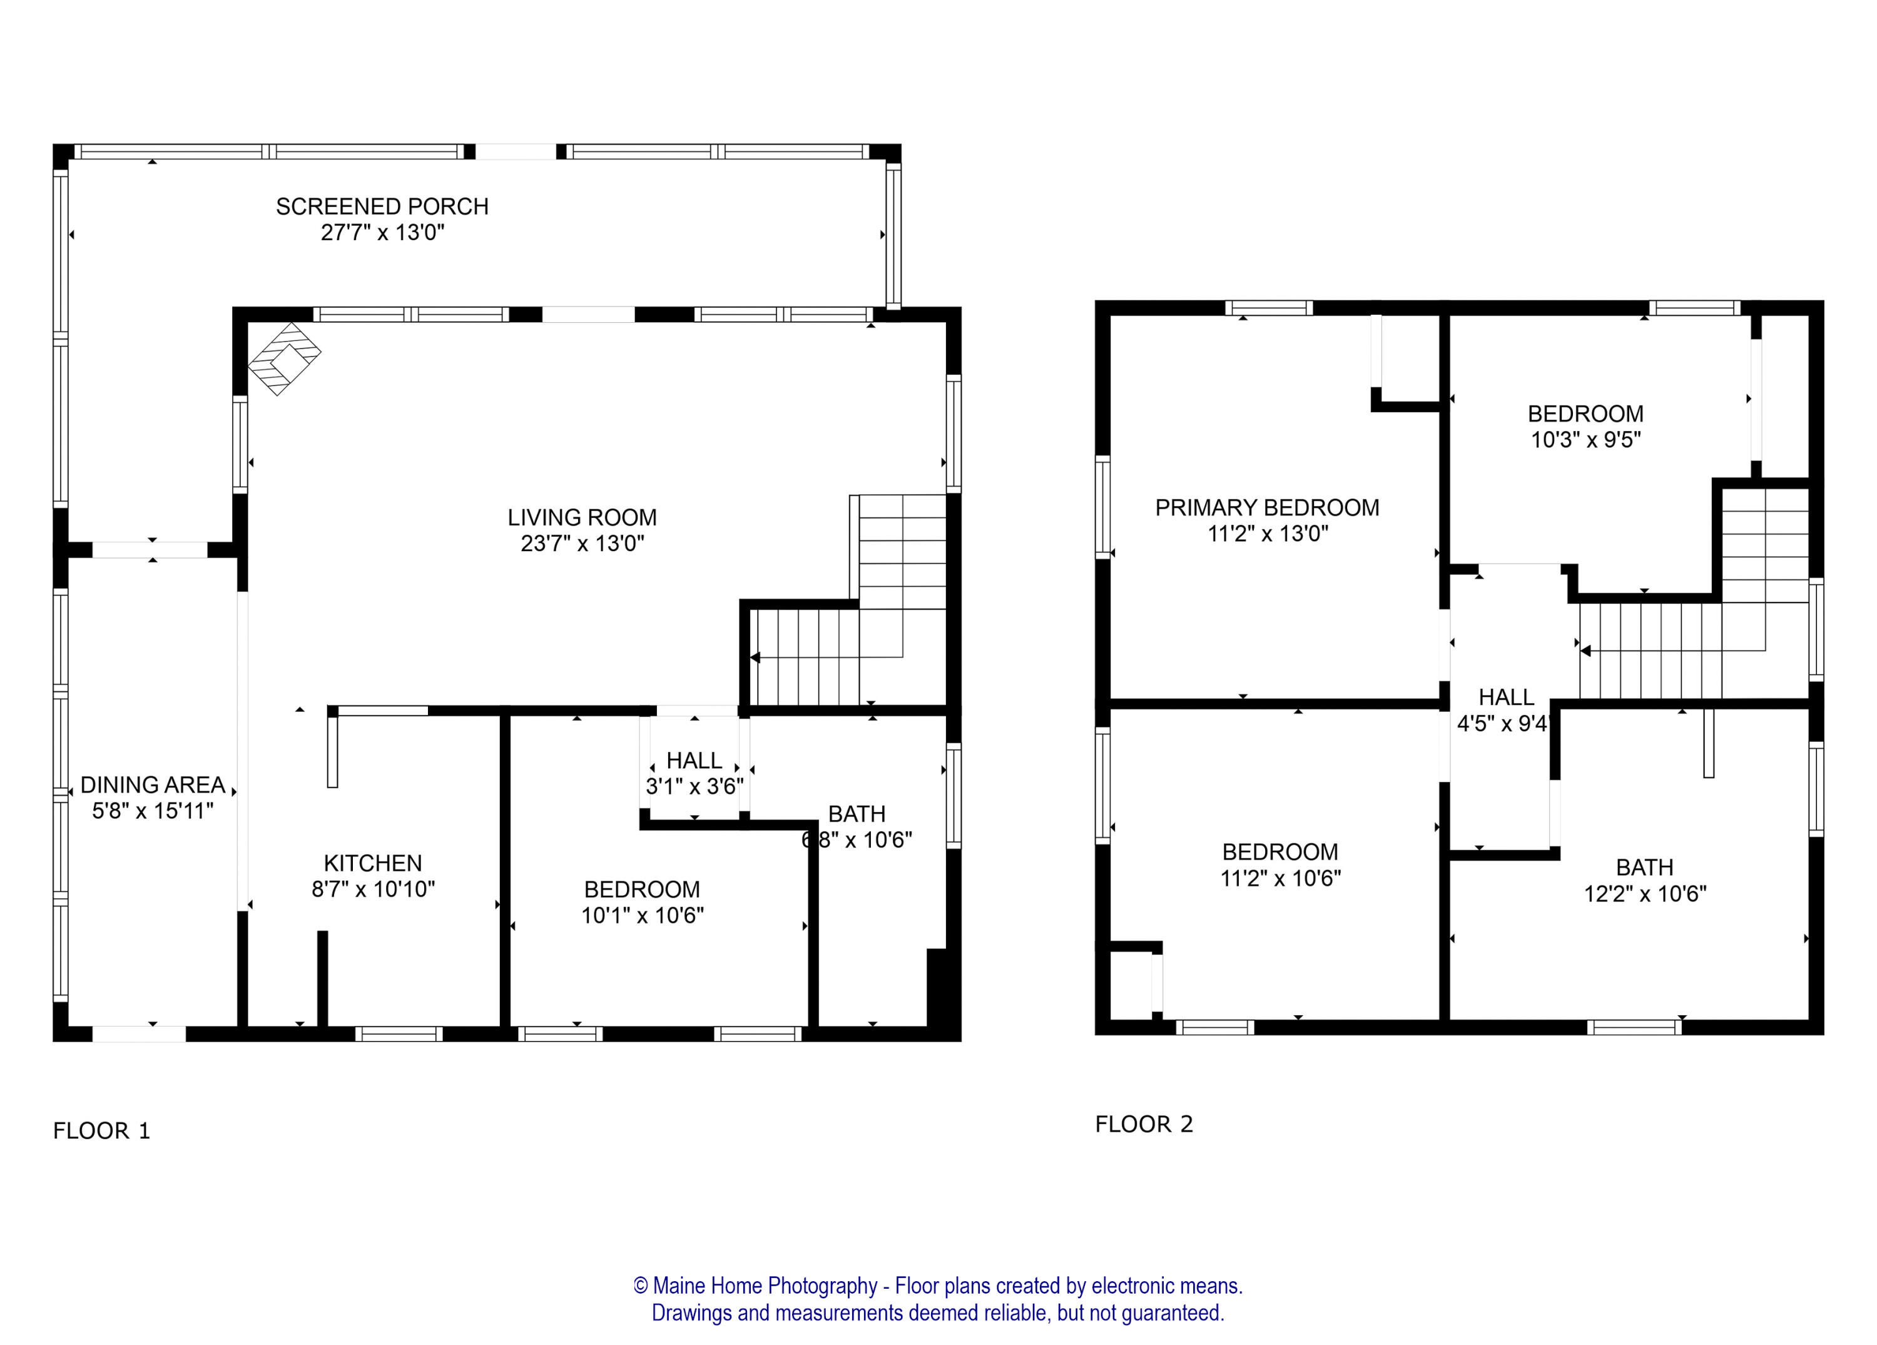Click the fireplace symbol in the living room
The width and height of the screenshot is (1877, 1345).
tap(285, 358)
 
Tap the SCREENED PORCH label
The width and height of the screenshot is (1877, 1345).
tap(382, 206)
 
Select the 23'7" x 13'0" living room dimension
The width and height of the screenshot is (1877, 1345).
tap(582, 544)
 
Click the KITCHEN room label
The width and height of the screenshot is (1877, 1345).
tap(372, 863)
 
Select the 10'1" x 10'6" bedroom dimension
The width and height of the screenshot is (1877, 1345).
tap(642, 915)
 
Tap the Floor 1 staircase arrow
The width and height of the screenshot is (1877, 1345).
tap(755, 657)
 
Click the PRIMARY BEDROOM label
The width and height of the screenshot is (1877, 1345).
tap(1266, 507)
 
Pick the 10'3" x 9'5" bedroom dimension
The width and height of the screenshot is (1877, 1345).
tap(1585, 440)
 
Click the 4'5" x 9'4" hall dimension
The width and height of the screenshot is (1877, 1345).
tap(1501, 723)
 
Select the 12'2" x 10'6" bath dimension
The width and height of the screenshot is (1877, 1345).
tap(1644, 894)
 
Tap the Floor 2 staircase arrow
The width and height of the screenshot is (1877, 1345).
tap(1585, 651)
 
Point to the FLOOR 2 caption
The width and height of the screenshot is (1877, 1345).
tap(1144, 1124)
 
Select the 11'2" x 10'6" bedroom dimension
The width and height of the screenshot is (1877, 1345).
tap(1279, 878)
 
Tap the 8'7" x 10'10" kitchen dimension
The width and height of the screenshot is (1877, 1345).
tap(372, 889)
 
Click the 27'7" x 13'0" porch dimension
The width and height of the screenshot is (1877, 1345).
tap(382, 233)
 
